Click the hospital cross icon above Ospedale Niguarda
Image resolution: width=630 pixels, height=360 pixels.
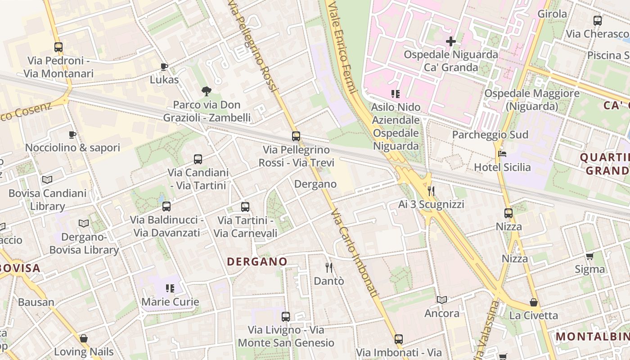click(x=450, y=41)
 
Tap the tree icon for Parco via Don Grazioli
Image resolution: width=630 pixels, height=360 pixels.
click(x=207, y=92)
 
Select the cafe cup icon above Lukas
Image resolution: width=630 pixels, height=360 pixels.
click(x=164, y=67)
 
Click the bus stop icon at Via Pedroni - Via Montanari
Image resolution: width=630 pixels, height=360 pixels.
click(x=58, y=47)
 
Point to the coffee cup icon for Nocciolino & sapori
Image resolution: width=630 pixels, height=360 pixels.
click(x=72, y=135)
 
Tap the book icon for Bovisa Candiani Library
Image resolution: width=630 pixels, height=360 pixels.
click(x=47, y=180)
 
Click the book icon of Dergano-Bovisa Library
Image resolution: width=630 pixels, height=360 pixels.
click(x=84, y=223)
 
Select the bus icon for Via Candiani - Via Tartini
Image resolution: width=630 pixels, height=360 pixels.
click(x=198, y=159)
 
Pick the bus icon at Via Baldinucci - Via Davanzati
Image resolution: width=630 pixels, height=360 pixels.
click(x=166, y=207)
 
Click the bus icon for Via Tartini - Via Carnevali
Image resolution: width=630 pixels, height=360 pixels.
click(x=245, y=207)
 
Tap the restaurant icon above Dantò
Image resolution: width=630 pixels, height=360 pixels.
click(x=329, y=268)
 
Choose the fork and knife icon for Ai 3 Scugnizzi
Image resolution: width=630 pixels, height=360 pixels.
click(x=431, y=191)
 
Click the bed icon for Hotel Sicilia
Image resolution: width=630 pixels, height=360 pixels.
click(x=503, y=154)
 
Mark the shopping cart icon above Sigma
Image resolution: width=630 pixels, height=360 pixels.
click(x=589, y=256)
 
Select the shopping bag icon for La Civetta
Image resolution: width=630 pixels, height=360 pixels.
click(x=534, y=302)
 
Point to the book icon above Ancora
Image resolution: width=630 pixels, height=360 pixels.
click(x=442, y=300)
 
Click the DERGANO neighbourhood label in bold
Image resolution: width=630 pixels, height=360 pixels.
click(x=257, y=261)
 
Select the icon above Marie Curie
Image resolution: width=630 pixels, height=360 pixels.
click(x=170, y=288)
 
